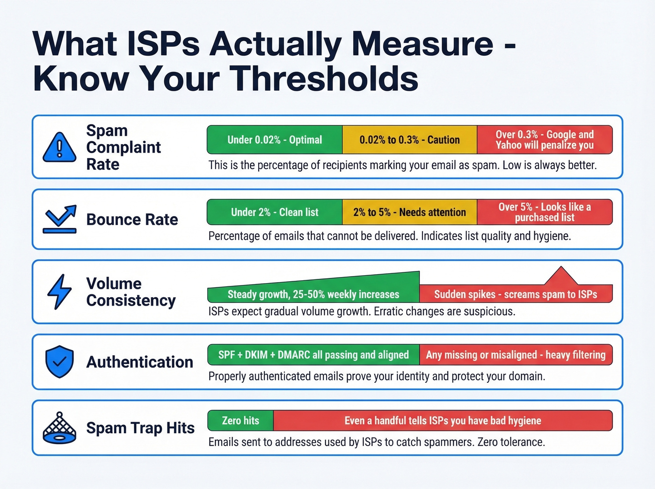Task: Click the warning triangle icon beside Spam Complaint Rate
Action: point(59,147)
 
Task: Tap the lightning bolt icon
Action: point(59,292)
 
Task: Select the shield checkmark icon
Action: point(59,362)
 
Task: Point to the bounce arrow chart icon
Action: point(59,219)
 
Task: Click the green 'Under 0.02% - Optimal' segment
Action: point(275,140)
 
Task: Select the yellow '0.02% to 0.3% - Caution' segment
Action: point(409,140)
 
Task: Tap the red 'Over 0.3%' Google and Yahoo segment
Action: point(545,140)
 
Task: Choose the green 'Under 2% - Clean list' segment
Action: point(275,212)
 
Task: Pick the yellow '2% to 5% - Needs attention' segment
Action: point(409,212)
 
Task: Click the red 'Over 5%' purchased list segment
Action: point(545,212)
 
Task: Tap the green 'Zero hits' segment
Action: point(240,421)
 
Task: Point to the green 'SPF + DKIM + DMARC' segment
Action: point(313,355)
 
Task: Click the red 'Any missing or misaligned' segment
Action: point(516,355)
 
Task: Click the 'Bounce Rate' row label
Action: point(132,219)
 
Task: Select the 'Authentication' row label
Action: point(139,362)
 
